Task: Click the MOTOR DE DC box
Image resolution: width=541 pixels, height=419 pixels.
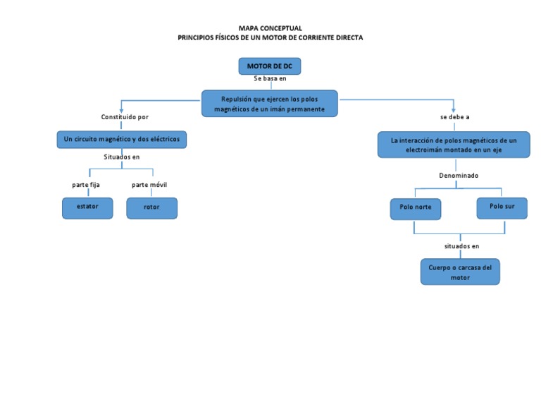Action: (270, 66)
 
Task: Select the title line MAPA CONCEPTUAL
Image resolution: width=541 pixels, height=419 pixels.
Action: (270, 28)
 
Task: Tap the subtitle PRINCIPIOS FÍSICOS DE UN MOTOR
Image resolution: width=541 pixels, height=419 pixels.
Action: (270, 37)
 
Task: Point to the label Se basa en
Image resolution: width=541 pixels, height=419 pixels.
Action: (270, 79)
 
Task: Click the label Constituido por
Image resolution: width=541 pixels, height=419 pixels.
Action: (125, 117)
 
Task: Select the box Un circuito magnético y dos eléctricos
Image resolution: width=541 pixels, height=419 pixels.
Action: (121, 140)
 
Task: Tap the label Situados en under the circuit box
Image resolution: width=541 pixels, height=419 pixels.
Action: (122, 157)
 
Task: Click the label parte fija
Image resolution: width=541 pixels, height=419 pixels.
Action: (86, 185)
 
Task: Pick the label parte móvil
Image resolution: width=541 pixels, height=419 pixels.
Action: (149, 185)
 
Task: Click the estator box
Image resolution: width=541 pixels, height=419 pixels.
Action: (87, 207)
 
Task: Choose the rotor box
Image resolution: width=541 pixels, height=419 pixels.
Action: (151, 208)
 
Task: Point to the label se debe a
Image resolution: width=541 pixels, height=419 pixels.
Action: (454, 117)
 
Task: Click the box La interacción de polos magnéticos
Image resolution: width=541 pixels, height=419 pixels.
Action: (454, 145)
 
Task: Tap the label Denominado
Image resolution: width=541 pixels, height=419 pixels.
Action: (459, 175)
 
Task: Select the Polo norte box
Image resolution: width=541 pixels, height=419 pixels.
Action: (416, 209)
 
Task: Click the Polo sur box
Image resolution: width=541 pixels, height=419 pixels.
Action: (502, 208)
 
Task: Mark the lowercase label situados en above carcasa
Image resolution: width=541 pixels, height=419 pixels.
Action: (461, 246)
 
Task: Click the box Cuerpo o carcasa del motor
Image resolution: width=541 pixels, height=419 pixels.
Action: (460, 272)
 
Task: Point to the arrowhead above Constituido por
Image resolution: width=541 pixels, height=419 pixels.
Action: (122, 109)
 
